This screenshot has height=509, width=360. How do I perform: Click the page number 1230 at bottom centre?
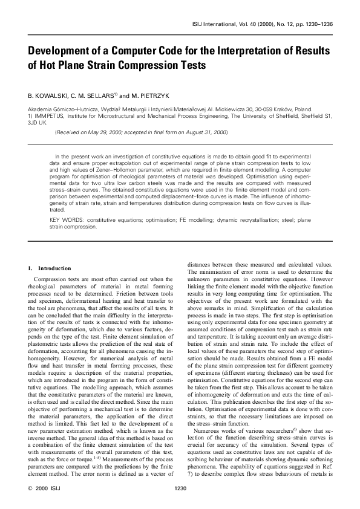coord(179,488)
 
